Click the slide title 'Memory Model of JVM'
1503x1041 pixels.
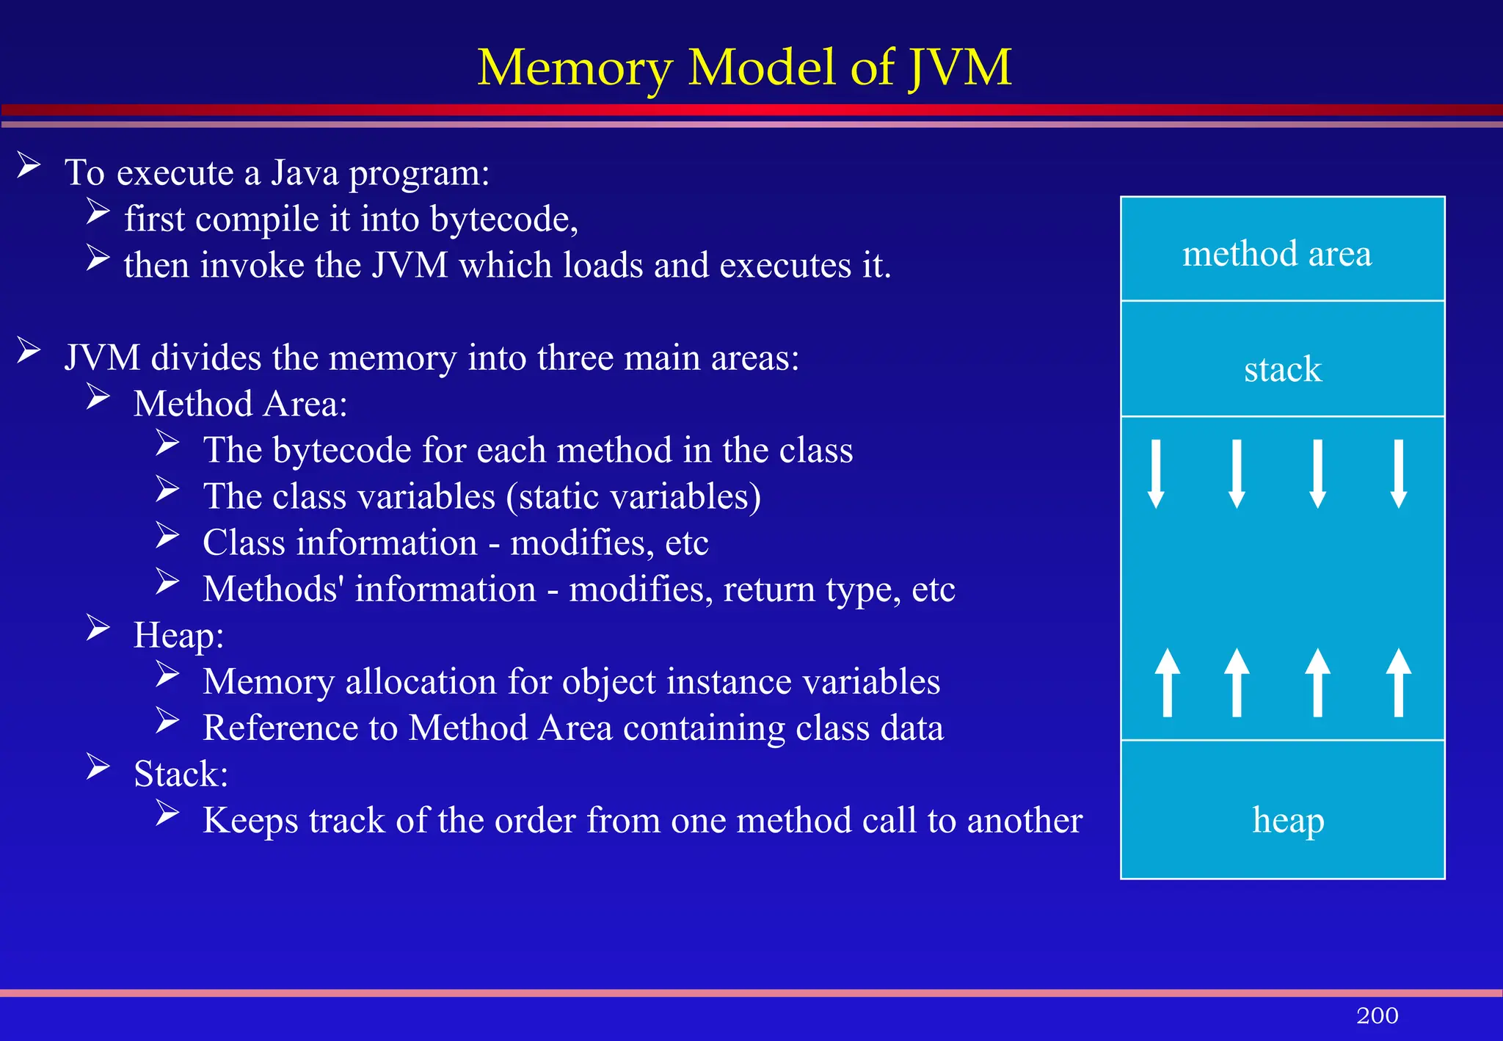point(744,68)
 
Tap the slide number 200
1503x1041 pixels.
point(1377,1015)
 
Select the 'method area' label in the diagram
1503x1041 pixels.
point(1276,253)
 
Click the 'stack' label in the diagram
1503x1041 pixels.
point(1282,369)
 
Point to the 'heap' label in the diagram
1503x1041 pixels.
point(1288,820)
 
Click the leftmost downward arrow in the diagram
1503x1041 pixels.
point(1156,474)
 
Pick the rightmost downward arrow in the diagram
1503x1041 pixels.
point(1399,474)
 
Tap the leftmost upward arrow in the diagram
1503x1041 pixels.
point(1167,682)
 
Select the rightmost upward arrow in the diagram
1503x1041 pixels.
point(1399,682)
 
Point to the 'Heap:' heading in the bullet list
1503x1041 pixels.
point(178,635)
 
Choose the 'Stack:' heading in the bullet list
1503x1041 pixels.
point(181,774)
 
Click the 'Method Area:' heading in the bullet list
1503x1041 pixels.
point(240,404)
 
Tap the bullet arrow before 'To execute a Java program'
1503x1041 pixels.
point(29,165)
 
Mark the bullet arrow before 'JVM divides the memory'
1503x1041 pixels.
point(29,350)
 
